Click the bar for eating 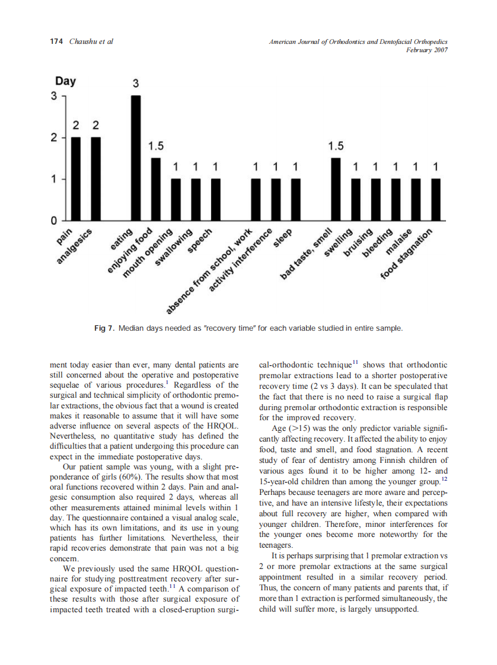click(136, 158)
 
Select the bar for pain click(76, 178)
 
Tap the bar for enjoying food click(156, 188)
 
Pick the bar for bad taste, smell click(336, 188)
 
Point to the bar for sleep click(295, 199)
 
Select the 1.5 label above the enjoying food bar click(156, 146)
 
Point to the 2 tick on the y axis click(53, 138)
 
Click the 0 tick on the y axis click(53, 220)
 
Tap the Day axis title click(65, 81)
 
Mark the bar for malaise click(416, 199)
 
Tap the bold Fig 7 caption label click(105, 328)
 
